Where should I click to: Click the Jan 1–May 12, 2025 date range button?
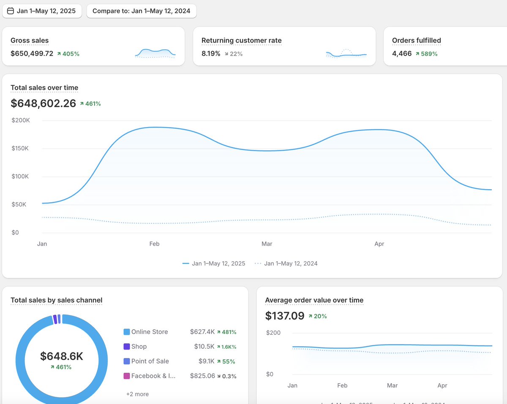pyautogui.click(x=41, y=11)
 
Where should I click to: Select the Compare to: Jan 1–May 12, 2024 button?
pyautogui.click(x=141, y=11)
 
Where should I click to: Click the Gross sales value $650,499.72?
pyautogui.click(x=32, y=54)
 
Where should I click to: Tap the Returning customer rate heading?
pyautogui.click(x=241, y=41)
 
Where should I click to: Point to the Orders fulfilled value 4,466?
pyautogui.click(x=402, y=54)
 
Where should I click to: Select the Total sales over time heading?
pyautogui.click(x=44, y=88)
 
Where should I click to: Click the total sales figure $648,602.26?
pyautogui.click(x=43, y=103)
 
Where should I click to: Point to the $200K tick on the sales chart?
pyautogui.click(x=21, y=120)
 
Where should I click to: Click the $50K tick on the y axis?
pyautogui.click(x=19, y=204)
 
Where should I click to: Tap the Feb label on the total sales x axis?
pyautogui.click(x=154, y=244)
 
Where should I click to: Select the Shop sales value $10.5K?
pyautogui.click(x=204, y=347)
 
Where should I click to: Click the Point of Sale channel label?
pyautogui.click(x=150, y=361)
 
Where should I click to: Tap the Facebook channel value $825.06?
pyautogui.click(x=202, y=376)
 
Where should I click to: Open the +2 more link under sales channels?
pyautogui.click(x=137, y=394)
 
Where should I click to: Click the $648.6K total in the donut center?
pyautogui.click(x=62, y=356)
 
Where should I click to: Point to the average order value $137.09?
pyautogui.click(x=285, y=316)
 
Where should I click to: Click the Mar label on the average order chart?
pyautogui.click(x=392, y=385)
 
